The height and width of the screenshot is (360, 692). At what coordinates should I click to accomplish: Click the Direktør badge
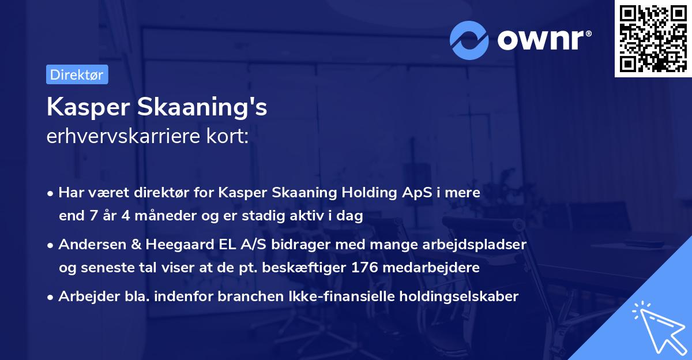[x=77, y=74]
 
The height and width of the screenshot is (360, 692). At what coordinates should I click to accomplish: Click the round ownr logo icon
[x=470, y=39]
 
